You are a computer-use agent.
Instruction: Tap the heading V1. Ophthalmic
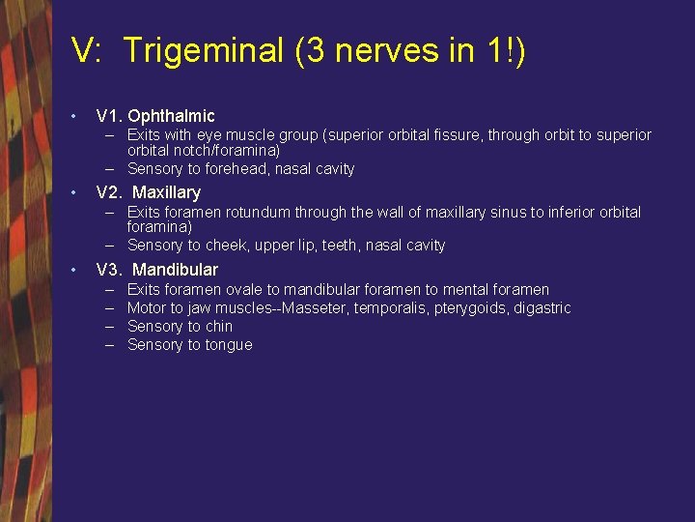click(155, 116)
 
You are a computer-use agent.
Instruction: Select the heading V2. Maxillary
click(149, 192)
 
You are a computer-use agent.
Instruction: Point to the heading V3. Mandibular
click(157, 270)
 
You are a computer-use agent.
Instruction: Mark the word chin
click(219, 327)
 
